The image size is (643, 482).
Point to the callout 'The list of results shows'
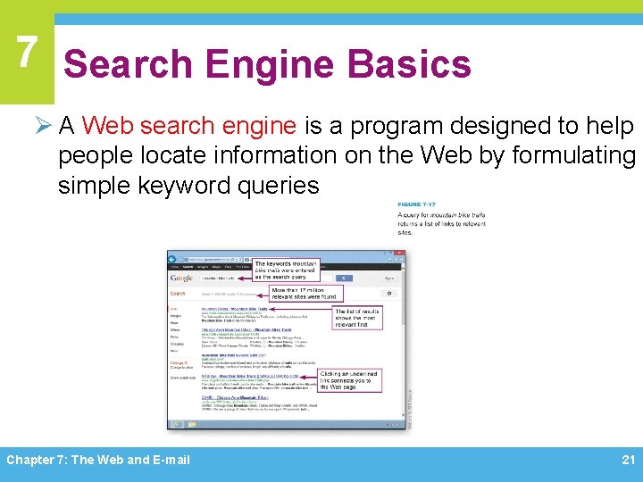point(357,319)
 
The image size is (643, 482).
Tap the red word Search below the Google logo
point(179,293)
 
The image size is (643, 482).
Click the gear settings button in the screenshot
point(389,292)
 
